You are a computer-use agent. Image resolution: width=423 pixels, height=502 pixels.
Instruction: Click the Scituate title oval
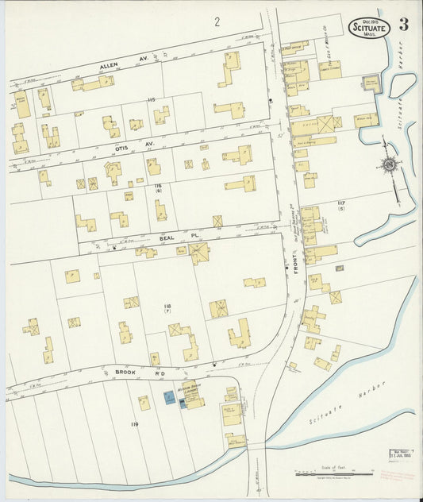[369, 28]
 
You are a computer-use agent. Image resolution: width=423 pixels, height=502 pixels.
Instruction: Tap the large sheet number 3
[404, 25]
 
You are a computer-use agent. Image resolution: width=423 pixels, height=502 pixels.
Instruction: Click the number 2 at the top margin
[216, 22]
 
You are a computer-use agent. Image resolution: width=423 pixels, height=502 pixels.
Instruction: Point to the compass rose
[388, 164]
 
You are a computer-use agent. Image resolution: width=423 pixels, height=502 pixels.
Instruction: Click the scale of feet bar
[333, 474]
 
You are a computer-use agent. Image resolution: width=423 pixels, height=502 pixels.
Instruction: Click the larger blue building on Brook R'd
[169, 396]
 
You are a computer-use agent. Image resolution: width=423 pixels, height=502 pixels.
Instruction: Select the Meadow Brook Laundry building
[193, 398]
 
